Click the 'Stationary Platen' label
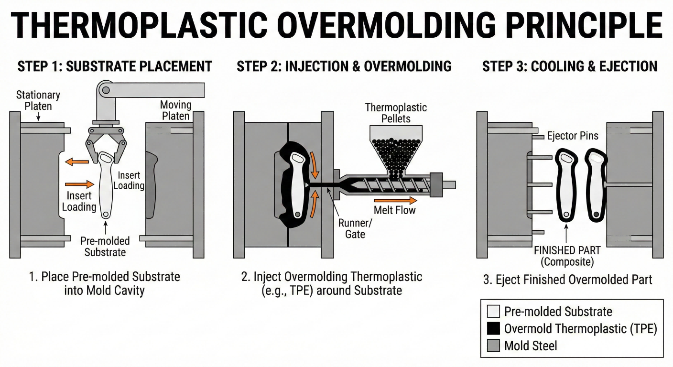[x=38, y=100]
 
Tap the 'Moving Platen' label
[x=175, y=110]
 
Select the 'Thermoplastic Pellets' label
[x=396, y=113]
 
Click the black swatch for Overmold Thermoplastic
[x=493, y=328]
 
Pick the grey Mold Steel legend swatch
[x=493, y=345]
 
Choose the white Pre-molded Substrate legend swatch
[x=493, y=312]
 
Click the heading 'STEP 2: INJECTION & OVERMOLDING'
[x=344, y=66]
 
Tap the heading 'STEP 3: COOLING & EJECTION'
[x=570, y=66]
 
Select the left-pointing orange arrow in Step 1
[x=77, y=162]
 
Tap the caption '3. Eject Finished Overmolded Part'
[x=568, y=280]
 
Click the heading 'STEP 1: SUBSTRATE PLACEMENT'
[x=115, y=66]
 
